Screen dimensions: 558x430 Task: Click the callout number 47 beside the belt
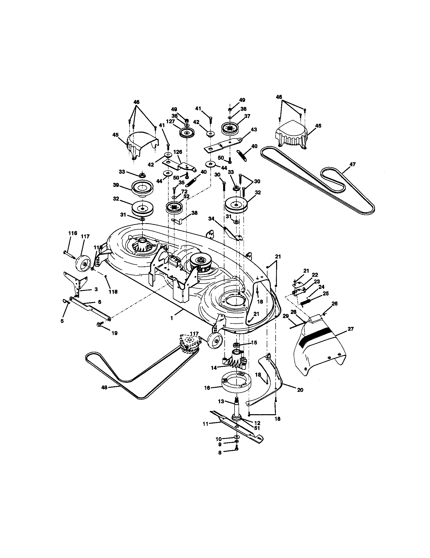tap(352, 164)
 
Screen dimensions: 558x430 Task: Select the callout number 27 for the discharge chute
tap(351, 329)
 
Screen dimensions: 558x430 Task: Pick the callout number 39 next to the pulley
tap(116, 185)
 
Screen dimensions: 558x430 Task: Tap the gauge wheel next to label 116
tap(83, 264)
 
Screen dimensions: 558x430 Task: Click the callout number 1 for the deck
tap(172, 318)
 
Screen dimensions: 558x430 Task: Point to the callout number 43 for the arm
tap(254, 130)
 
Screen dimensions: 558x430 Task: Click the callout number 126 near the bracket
tap(178, 152)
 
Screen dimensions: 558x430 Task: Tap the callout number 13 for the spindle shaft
tap(221, 402)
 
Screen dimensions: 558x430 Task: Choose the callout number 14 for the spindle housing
tap(214, 368)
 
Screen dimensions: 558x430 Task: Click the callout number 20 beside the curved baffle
tap(300, 390)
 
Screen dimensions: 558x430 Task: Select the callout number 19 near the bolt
tap(115, 333)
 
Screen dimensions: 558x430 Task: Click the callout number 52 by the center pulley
tap(186, 196)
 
